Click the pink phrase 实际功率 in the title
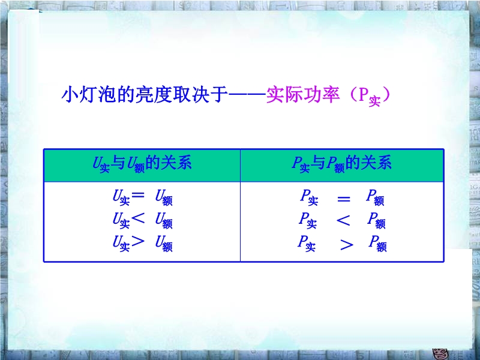pyautogui.click(x=303, y=95)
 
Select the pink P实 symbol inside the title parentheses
pyautogui.click(x=369, y=97)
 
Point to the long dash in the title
pyautogui.click(x=247, y=94)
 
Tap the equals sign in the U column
pyautogui.click(x=137, y=194)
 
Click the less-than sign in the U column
pyautogui.click(x=137, y=218)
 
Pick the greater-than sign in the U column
pyautogui.click(x=137, y=242)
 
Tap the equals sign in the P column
pyautogui.click(x=343, y=199)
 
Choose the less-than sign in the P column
pyautogui.click(x=343, y=220)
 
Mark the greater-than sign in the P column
pyautogui.click(x=347, y=245)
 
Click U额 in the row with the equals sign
pyautogui.click(x=164, y=197)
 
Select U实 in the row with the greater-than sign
pyautogui.click(x=121, y=244)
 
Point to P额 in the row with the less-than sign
pyautogui.click(x=377, y=220)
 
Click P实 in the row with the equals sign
pyautogui.click(x=309, y=197)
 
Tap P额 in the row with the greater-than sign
pyautogui.click(x=378, y=244)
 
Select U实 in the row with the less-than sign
pyautogui.click(x=121, y=220)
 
